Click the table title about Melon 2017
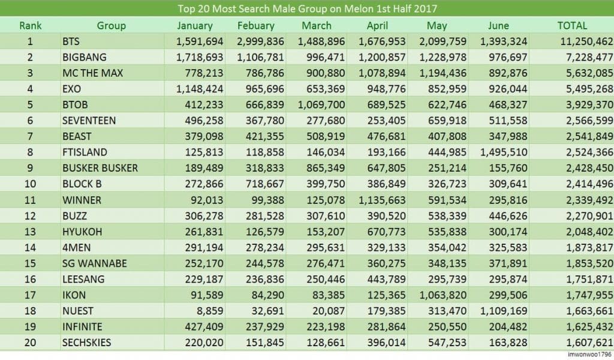(307, 9)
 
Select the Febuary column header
(256, 26)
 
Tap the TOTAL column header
(572, 26)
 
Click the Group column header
(111, 26)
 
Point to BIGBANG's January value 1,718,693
(200, 58)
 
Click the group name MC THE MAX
(92, 73)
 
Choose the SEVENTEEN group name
(89, 121)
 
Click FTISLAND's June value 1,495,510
(503, 152)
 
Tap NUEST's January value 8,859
(209, 311)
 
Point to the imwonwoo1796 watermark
(588, 355)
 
